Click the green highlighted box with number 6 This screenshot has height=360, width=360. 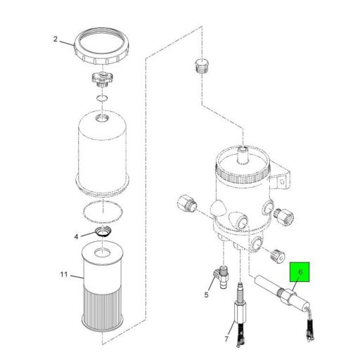pyautogui.click(x=300, y=271)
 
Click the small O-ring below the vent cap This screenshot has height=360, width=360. pyautogui.click(x=103, y=97)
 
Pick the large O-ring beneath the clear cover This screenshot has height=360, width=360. pyautogui.click(x=103, y=210)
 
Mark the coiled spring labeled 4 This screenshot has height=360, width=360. pyautogui.click(x=103, y=233)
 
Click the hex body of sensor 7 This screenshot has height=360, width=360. pyautogui.click(x=239, y=309)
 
